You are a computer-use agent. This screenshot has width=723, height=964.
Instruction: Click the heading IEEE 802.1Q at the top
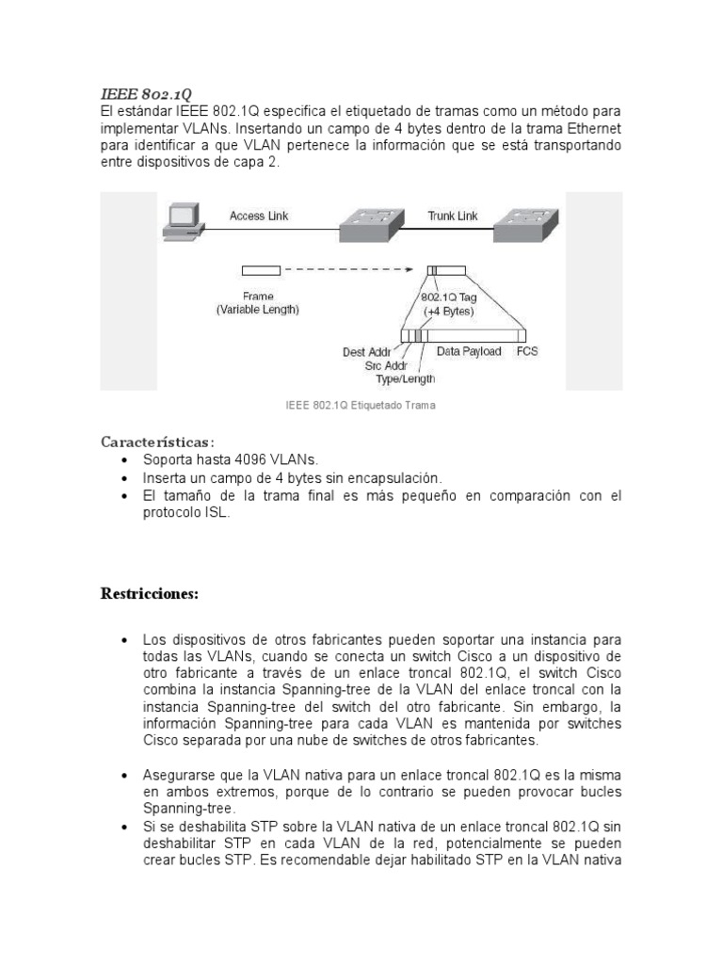pos(146,93)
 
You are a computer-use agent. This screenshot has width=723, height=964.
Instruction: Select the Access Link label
pos(259,216)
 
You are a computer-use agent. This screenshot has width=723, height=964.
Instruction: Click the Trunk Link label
pos(453,216)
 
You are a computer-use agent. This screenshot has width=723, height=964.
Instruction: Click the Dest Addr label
pos(366,352)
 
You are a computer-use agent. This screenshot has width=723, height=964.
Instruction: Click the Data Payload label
pos(469,351)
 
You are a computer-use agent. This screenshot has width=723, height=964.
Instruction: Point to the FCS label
pos(527,351)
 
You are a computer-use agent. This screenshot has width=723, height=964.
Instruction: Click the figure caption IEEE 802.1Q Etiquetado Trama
pos(361,406)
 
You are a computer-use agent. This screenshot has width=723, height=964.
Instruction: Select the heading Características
pos(157,442)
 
